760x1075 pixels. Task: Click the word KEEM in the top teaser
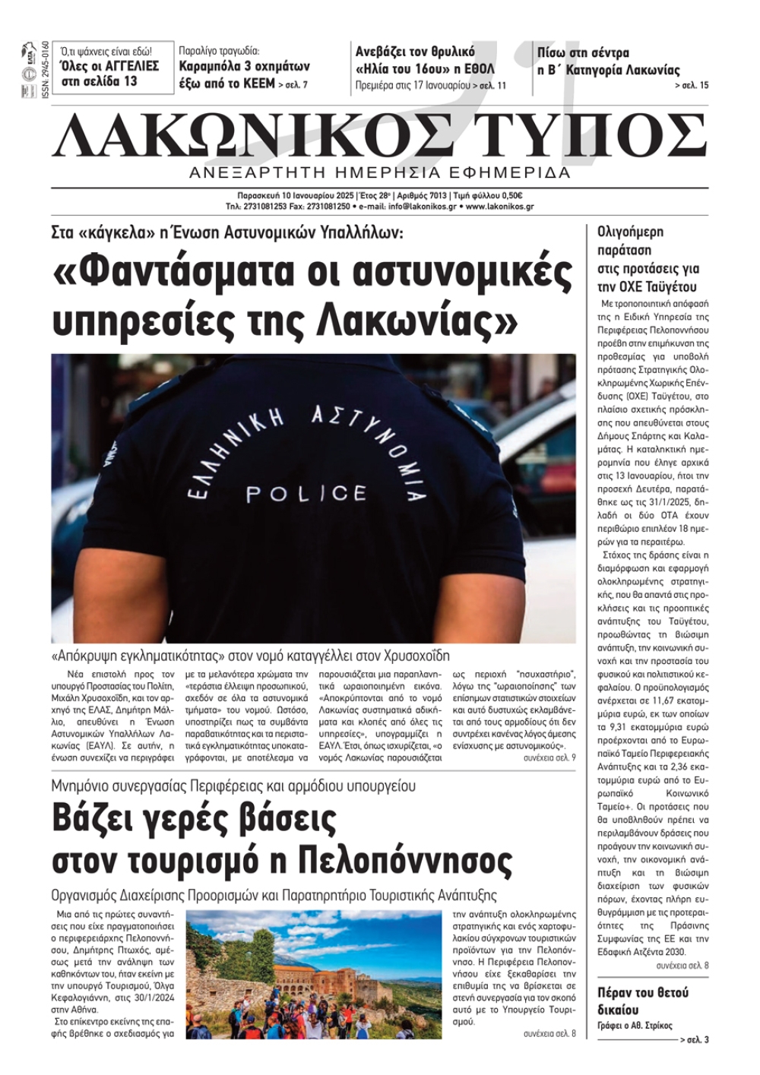pos(259,84)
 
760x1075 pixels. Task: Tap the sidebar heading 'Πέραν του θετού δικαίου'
pos(642,1001)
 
